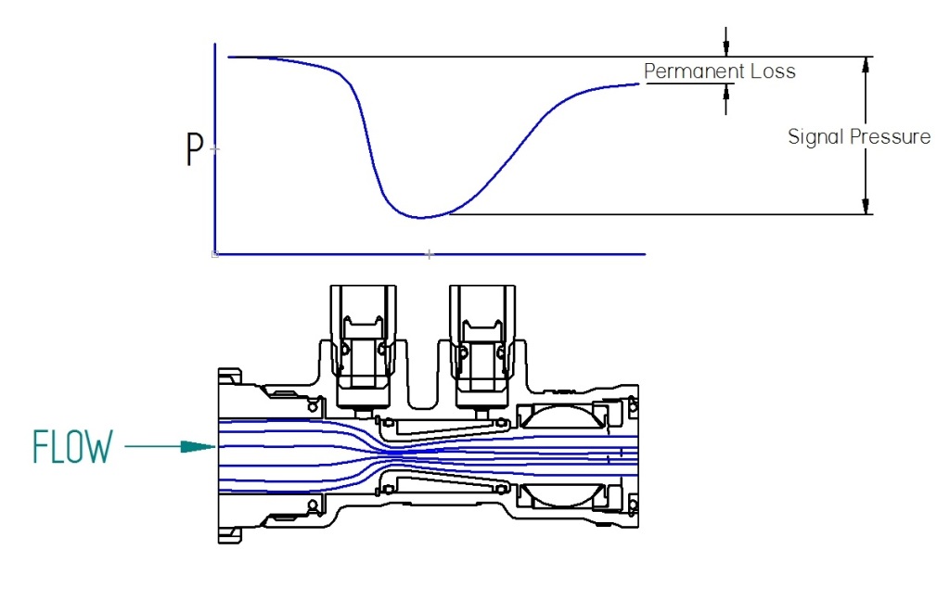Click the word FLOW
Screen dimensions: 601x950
pos(72,447)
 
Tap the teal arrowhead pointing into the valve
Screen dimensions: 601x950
pos(199,447)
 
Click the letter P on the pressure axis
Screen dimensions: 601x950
pos(195,149)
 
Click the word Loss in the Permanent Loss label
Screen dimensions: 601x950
pos(774,71)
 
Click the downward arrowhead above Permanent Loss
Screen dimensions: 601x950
pos(726,49)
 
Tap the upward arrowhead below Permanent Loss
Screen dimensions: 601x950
pos(726,91)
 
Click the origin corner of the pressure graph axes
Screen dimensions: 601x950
pos(215,252)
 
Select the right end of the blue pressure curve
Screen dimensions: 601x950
pos(638,84)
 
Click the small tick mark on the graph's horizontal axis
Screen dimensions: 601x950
pos(429,252)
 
